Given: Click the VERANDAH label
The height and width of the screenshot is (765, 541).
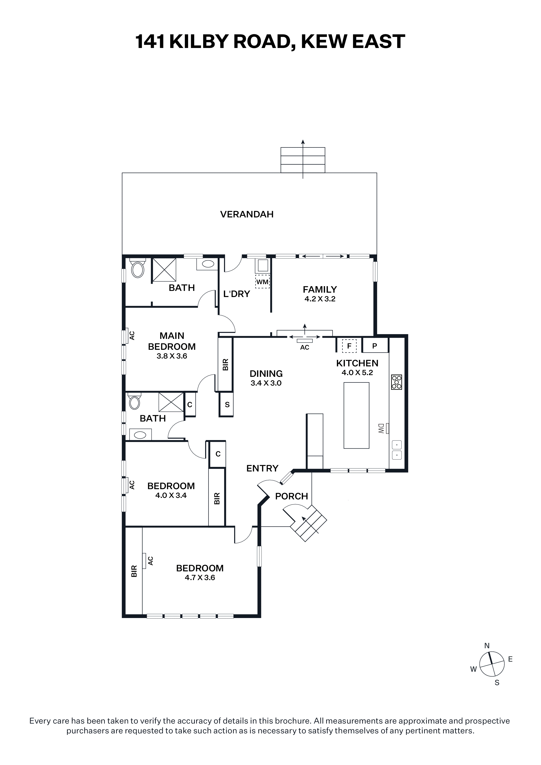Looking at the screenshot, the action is (247, 214).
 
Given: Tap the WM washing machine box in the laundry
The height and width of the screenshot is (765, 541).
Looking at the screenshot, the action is (262, 282).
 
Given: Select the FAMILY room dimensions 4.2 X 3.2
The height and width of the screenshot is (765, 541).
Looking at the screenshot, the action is (320, 299).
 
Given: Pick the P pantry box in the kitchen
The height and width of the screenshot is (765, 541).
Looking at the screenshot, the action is (375, 345).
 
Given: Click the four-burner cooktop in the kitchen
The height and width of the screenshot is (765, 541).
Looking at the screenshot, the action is (397, 382).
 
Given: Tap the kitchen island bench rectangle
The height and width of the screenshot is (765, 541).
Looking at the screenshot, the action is (356, 415).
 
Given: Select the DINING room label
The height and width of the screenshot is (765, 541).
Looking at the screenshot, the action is (266, 374).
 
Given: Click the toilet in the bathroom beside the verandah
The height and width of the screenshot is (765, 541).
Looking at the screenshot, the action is (138, 268).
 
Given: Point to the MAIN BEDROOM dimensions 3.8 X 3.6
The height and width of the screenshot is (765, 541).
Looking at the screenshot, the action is (172, 356).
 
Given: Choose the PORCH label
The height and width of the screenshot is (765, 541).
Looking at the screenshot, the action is (291, 497).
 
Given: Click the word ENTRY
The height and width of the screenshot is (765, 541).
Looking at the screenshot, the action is (262, 468).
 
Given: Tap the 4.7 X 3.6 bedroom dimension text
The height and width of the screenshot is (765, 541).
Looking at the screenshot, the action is (200, 578).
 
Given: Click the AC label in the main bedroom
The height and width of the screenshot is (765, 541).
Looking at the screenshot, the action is (132, 336).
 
